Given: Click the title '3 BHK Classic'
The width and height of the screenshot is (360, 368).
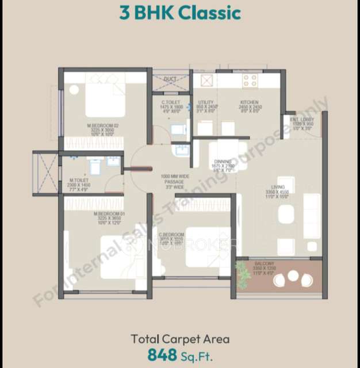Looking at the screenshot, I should (180, 13).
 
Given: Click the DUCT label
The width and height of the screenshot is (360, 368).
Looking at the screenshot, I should (170, 79).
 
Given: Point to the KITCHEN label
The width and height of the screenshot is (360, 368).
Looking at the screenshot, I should (250, 102).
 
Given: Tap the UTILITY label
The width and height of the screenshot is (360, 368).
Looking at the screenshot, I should (206, 102).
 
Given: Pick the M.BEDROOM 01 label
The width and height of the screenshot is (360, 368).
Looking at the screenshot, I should (109, 214).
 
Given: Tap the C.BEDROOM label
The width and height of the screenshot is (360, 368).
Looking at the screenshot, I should (171, 235).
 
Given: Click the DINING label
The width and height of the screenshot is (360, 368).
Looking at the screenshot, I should (223, 162).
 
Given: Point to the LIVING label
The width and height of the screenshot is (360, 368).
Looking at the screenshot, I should (278, 186).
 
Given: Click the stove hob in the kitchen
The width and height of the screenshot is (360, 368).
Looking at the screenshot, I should (250, 80).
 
